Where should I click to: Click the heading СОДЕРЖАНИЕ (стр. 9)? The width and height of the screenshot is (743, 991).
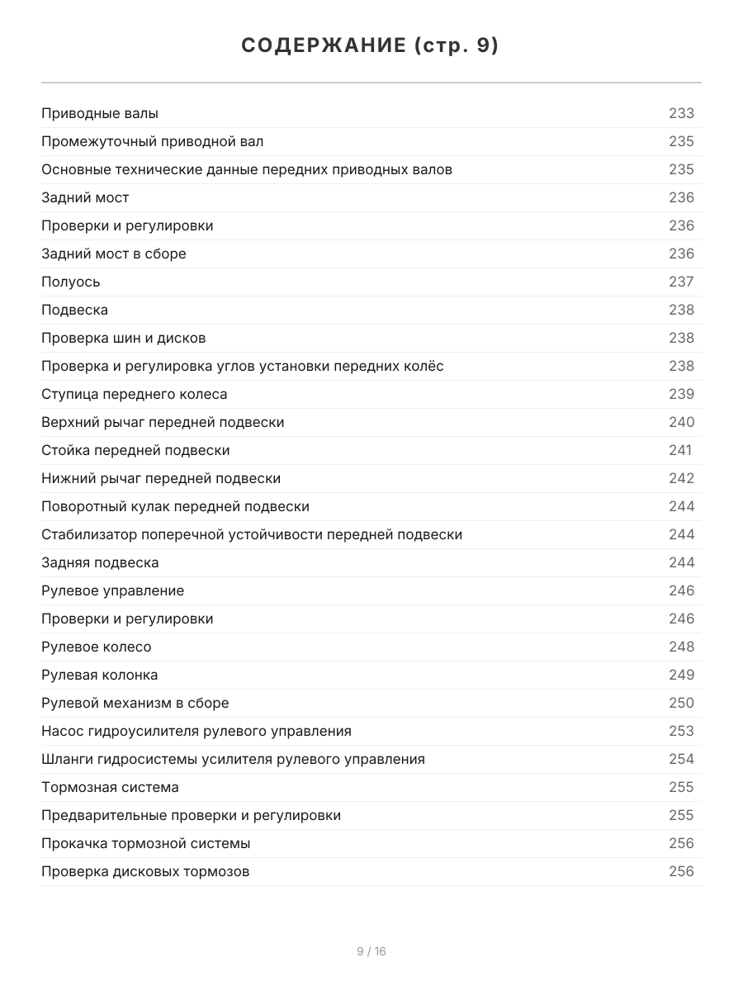[x=371, y=46]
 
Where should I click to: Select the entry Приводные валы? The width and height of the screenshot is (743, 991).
[x=100, y=113]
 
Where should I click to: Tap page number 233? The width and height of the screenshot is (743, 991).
[x=681, y=113]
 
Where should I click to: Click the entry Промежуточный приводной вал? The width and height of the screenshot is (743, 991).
[x=153, y=141]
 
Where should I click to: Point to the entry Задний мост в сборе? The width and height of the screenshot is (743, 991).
[x=114, y=254]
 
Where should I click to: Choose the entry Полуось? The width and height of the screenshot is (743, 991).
[x=71, y=282]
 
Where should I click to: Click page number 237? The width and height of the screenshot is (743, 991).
[x=681, y=282]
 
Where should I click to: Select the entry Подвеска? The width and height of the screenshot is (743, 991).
[x=74, y=310]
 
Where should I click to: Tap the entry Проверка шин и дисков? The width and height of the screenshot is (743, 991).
[x=124, y=338]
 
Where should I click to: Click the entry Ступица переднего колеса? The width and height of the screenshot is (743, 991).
[x=135, y=394]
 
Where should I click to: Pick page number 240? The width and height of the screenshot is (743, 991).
[x=681, y=422]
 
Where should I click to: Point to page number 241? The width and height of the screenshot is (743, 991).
[x=680, y=450]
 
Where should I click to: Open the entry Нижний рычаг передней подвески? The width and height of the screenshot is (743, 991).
[x=161, y=478]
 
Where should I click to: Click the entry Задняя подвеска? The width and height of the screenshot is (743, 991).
[x=100, y=562]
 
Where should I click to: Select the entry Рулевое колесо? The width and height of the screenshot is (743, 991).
[x=97, y=647]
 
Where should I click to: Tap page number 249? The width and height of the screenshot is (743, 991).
[x=681, y=675]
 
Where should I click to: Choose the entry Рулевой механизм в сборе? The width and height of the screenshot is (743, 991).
[x=135, y=703]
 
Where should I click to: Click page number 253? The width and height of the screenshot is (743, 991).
[x=681, y=731]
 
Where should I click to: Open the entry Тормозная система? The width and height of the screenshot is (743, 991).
[x=110, y=787]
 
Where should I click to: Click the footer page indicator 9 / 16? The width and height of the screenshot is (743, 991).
[x=371, y=951]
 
